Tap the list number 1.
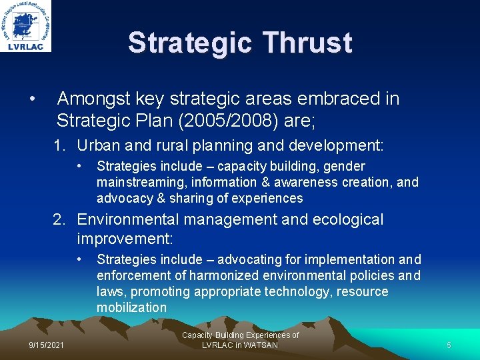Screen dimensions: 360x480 (60, 145)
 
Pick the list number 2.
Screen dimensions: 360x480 (60, 219)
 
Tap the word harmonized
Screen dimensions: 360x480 (223, 275)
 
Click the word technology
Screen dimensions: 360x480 (298, 291)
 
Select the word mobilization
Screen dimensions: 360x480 (131, 307)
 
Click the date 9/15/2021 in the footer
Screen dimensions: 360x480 (47, 345)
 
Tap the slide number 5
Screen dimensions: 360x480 (449, 345)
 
